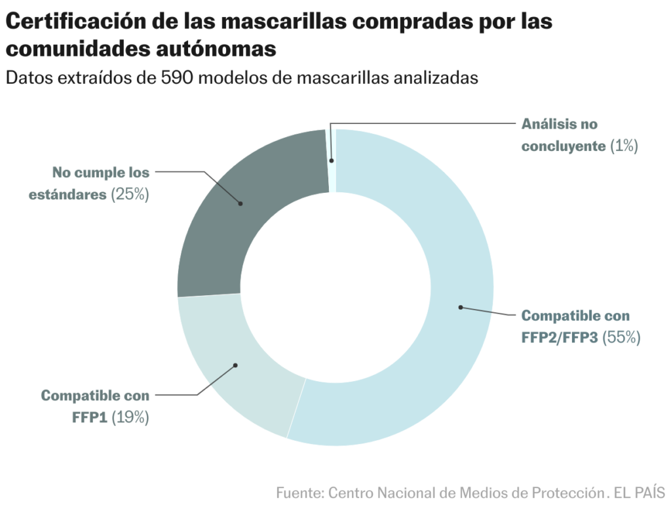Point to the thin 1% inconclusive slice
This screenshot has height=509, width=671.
click(332, 160)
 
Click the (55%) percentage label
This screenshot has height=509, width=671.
click(621, 338)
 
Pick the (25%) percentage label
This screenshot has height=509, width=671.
click(130, 195)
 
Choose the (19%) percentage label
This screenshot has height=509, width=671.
click(130, 417)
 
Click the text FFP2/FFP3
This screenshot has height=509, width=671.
click(560, 338)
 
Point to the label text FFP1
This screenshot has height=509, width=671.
click(89, 417)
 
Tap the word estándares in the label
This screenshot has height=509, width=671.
click(67, 195)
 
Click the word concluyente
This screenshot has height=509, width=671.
click(564, 146)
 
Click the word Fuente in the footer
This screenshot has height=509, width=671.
click(299, 492)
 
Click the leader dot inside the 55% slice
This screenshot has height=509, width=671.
click(461, 307)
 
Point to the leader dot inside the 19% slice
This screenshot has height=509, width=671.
click(235, 365)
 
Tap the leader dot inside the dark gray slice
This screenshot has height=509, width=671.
click(240, 203)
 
